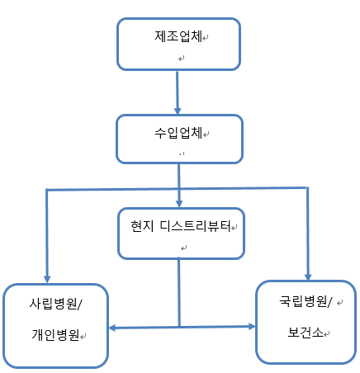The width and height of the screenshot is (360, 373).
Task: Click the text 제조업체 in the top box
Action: (178, 36)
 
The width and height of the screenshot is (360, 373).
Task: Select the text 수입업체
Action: (178, 133)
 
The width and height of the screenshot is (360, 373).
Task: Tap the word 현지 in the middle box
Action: (142, 226)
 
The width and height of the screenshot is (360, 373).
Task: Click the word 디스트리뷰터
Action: (196, 226)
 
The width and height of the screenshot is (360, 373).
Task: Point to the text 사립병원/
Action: (56, 304)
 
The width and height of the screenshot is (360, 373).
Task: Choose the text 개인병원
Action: (56, 335)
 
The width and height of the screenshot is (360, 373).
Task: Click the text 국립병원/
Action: (306, 301)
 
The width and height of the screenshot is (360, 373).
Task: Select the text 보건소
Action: (306, 333)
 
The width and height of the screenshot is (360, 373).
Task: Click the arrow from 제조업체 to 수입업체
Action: (178, 92)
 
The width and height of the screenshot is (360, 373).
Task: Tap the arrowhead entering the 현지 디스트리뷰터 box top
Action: (179, 204)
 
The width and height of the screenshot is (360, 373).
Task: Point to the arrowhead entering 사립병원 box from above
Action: (47, 278)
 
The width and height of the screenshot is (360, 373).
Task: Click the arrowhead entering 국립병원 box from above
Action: (308, 276)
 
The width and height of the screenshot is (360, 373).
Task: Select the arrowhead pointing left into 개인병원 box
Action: (113, 328)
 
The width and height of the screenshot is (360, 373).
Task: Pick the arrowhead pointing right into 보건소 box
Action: (252, 327)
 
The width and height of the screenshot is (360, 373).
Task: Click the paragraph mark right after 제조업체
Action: (206, 37)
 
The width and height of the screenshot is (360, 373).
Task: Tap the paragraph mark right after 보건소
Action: (327, 334)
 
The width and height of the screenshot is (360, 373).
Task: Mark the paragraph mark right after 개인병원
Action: (83, 336)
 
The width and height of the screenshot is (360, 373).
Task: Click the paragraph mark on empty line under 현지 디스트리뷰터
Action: (183, 248)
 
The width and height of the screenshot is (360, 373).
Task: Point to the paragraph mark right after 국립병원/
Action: (340, 303)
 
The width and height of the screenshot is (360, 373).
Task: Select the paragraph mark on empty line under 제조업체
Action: (181, 59)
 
